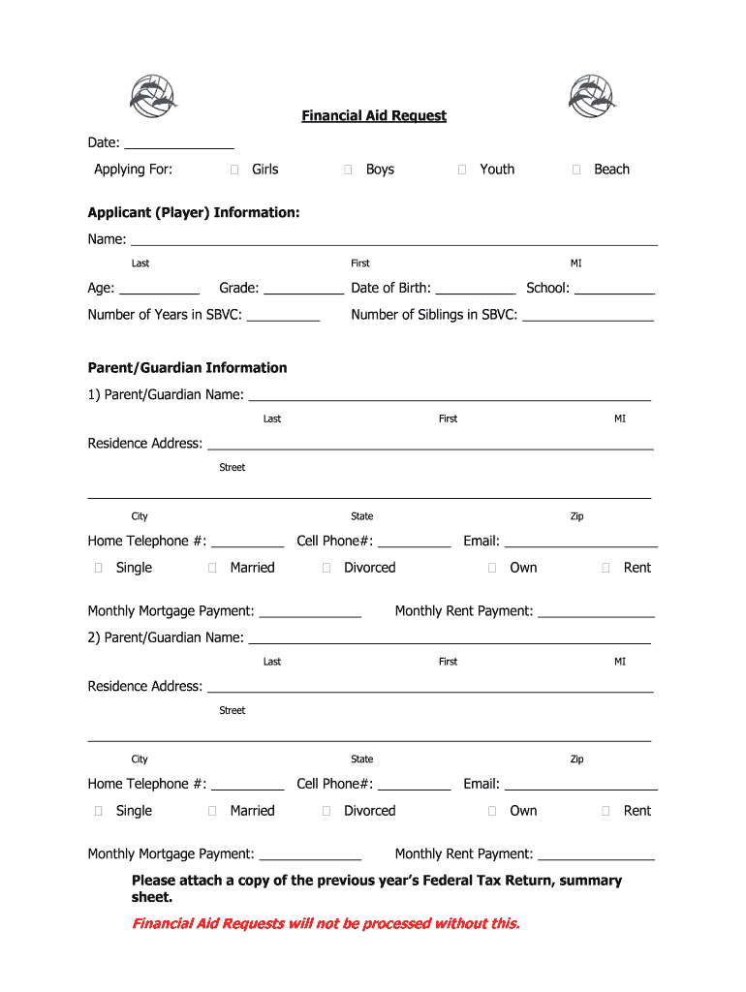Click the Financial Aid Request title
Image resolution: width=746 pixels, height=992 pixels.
[373, 116]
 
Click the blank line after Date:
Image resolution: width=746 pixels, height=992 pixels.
[178, 143]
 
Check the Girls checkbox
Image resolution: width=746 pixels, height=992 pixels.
[234, 170]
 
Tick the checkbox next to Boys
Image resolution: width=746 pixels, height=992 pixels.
[348, 170]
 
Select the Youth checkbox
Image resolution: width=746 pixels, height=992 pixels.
[462, 170]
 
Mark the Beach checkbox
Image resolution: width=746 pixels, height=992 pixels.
[576, 170]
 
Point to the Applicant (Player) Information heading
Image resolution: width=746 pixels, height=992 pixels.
[194, 212]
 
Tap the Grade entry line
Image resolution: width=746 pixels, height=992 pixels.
[303, 288]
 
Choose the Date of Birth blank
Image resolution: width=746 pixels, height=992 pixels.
[476, 288]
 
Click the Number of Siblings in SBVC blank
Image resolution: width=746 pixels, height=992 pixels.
[588, 315]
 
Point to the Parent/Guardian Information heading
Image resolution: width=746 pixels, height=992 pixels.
[187, 368]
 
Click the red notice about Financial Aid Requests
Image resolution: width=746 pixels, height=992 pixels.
[326, 923]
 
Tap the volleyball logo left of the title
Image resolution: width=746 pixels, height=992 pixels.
[153, 95]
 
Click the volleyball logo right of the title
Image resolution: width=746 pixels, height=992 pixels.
[592, 95]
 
